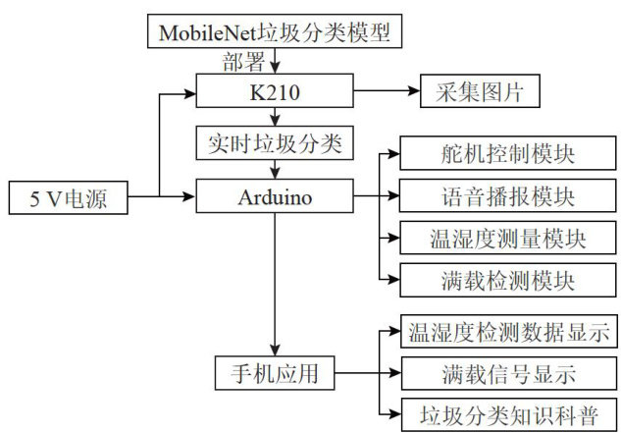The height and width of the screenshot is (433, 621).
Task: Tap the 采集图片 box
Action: [x=479, y=94]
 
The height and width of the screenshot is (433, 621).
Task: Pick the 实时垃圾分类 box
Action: [x=275, y=143]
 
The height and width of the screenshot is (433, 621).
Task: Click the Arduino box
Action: [x=275, y=196]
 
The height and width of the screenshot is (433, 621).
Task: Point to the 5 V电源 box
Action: [x=68, y=197]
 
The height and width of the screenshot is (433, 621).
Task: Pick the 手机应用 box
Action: [x=275, y=373]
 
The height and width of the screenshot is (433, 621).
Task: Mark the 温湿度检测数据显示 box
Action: [x=506, y=332]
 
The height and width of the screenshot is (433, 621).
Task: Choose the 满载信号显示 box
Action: [x=506, y=373]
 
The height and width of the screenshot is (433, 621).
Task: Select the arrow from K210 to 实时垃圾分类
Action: [x=275, y=118]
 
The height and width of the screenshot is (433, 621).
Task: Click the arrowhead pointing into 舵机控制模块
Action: [x=394, y=155]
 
